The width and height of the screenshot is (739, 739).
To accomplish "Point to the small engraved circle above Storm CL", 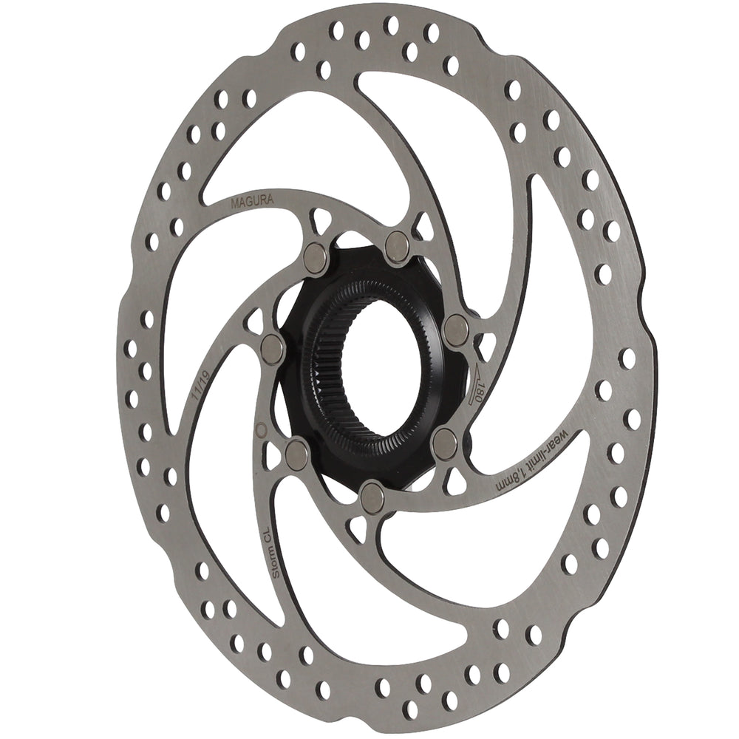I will pyautogui.click(x=260, y=429).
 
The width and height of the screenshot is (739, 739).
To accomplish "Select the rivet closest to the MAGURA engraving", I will pyautogui.click(x=316, y=257).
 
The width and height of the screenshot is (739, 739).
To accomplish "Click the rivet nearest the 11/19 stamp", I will pyautogui.click(x=273, y=349).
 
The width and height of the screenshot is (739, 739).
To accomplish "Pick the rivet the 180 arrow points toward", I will pyautogui.click(x=456, y=330).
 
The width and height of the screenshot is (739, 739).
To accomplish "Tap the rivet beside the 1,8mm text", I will pyautogui.click(x=444, y=443).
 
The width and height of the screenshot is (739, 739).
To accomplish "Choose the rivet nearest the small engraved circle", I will pyautogui.click(x=297, y=453).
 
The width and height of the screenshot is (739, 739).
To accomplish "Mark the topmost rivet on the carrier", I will pyautogui.click(x=397, y=245).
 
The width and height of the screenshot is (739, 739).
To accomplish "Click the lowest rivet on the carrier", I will pyautogui.click(x=372, y=497).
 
